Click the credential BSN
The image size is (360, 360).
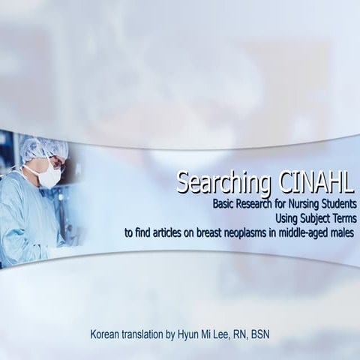(258, 333)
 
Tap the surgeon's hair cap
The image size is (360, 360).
(41, 148)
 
